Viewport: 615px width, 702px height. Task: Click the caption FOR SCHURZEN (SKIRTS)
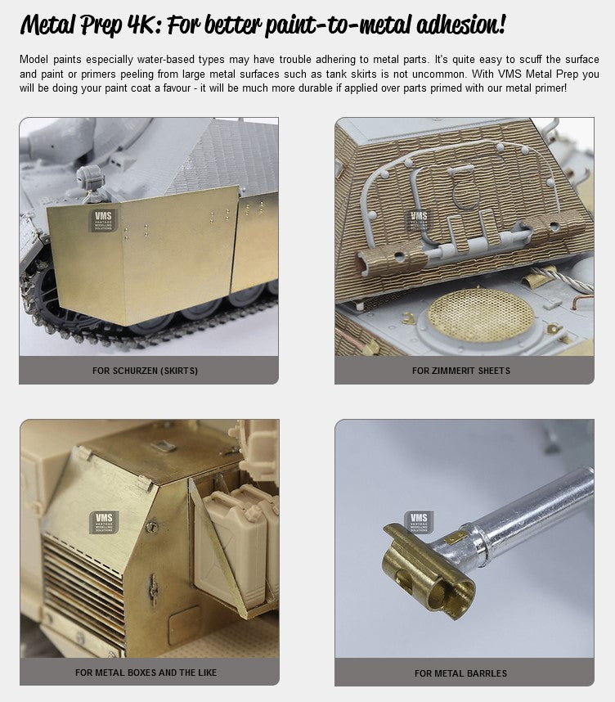(145, 371)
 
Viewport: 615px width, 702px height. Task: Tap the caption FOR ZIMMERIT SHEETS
(461, 371)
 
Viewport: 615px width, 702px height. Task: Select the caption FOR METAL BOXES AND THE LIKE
(146, 673)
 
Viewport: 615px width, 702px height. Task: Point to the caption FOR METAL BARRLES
(460, 673)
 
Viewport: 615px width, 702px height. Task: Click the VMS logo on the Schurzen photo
(103, 220)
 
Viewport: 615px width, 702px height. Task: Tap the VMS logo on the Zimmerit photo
(419, 220)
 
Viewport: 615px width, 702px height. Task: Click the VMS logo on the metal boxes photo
(105, 523)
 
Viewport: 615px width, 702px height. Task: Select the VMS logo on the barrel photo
(419, 522)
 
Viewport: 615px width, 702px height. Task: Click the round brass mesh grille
(481, 315)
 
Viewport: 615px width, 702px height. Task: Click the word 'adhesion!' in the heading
(461, 25)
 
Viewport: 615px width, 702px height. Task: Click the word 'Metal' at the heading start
(48, 25)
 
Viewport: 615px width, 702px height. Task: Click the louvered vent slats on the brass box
(83, 591)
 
